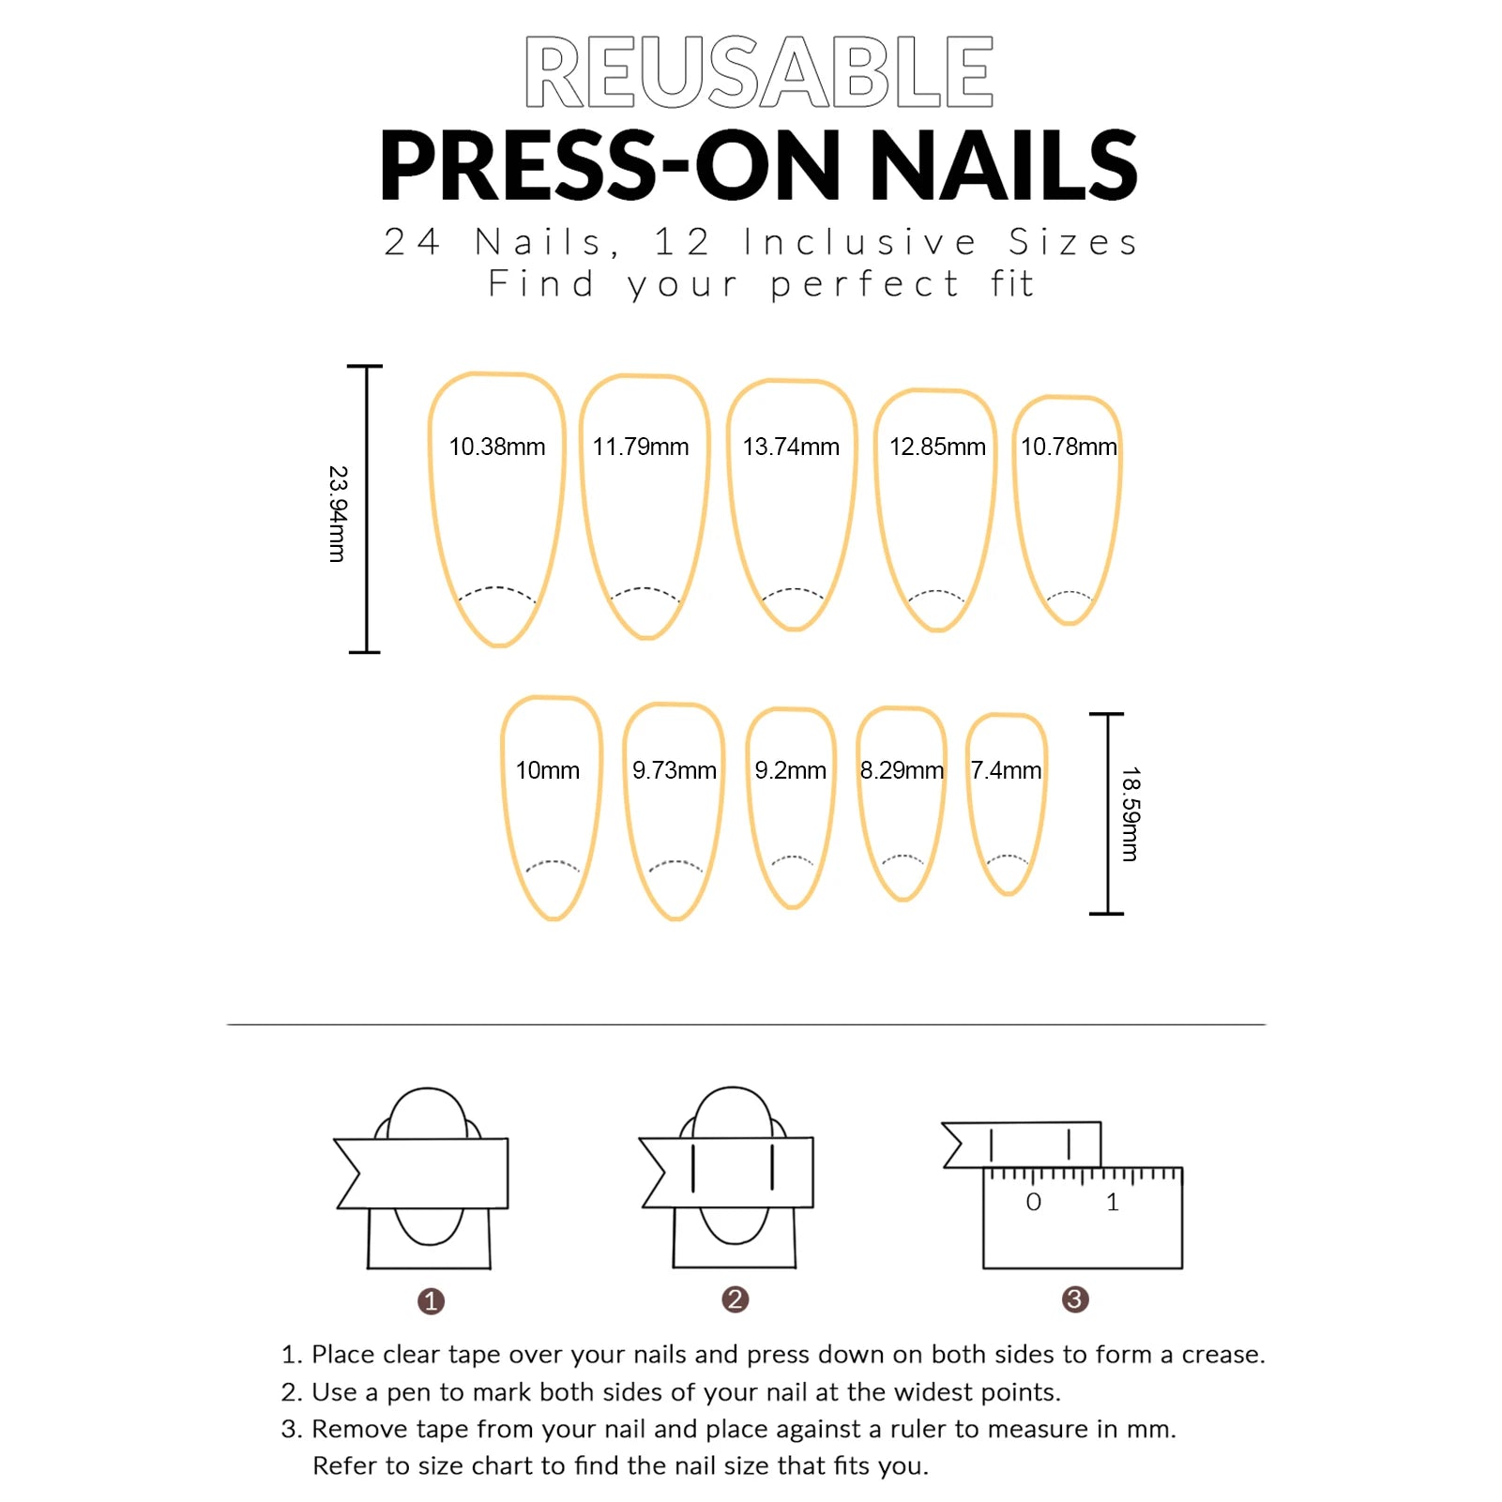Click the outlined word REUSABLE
pyautogui.click(x=759, y=72)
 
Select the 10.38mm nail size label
pyautogui.click(x=497, y=447)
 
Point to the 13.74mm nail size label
pyautogui.click(x=791, y=447)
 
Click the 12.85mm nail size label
pyautogui.click(x=937, y=447)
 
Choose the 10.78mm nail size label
pyautogui.click(x=1069, y=447)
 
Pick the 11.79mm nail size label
pyautogui.click(x=641, y=447)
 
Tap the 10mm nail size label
pyautogui.click(x=548, y=770)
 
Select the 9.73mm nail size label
pyautogui.click(x=675, y=770)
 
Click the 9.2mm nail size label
pyautogui.click(x=791, y=770)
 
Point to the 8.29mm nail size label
pyautogui.click(x=902, y=770)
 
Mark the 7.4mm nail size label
pyautogui.click(x=1006, y=770)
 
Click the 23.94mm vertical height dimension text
pyautogui.click(x=338, y=514)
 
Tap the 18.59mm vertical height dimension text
pyautogui.click(x=1130, y=814)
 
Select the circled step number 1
pyautogui.click(x=431, y=1301)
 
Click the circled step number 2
pyautogui.click(x=736, y=1299)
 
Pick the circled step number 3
pyautogui.click(x=1075, y=1299)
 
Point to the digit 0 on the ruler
pyautogui.click(x=1034, y=1202)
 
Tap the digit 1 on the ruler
pyautogui.click(x=1113, y=1202)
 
